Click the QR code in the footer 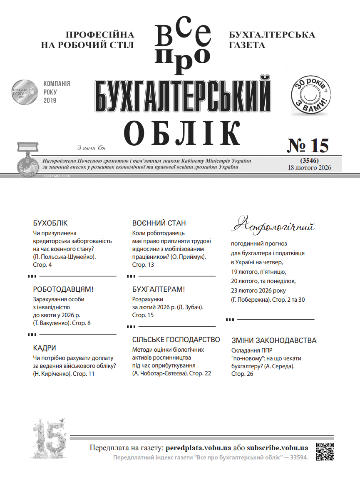(325, 452)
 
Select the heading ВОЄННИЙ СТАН (159, 223)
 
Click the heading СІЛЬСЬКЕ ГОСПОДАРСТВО (176, 340)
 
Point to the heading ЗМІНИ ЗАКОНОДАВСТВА (273, 340)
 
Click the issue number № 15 (308, 146)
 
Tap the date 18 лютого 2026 (309, 168)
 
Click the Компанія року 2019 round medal (24, 92)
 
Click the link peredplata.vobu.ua (198, 448)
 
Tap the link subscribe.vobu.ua (277, 448)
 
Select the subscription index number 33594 (298, 457)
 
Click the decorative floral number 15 (49, 437)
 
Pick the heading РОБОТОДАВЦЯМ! (63, 290)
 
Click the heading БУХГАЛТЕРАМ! (158, 289)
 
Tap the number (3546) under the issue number (309, 161)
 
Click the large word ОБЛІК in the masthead (182, 132)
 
